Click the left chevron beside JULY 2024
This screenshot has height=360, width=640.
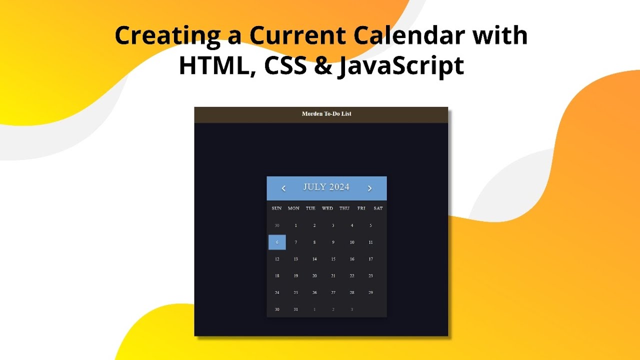point(283,188)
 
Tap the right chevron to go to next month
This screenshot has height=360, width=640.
point(370,188)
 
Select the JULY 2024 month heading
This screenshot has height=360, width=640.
point(326,187)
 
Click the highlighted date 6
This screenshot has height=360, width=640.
point(277,242)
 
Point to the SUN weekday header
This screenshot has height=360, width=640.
point(276,208)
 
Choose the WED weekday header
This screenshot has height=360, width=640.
point(327,208)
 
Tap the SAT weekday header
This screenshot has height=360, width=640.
point(378,208)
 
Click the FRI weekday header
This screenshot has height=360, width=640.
point(361,208)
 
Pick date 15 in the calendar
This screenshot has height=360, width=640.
point(333,259)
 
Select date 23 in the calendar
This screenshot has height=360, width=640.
point(370,276)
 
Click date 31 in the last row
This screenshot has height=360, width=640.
point(295,309)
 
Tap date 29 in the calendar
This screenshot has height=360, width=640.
point(370,292)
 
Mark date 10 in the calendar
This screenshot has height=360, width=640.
point(352,242)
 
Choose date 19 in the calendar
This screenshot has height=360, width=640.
point(295,276)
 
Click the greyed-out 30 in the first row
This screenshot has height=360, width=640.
point(277,225)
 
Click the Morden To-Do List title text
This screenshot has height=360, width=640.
point(326,114)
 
